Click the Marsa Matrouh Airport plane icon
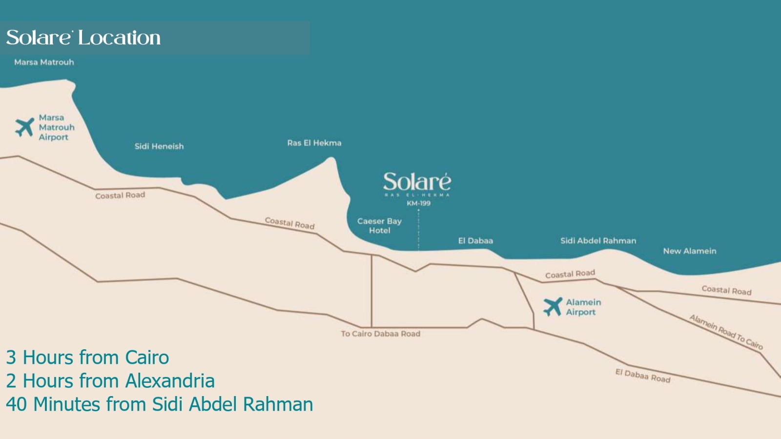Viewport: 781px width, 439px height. [x=24, y=127]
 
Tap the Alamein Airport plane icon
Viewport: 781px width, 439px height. [x=553, y=307]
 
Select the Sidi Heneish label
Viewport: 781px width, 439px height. [x=159, y=146]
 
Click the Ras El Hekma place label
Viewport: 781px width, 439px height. [x=314, y=143]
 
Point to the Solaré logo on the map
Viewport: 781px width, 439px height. [x=417, y=182]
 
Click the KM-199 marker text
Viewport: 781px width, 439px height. [x=418, y=203]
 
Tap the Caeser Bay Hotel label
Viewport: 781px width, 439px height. [x=379, y=226]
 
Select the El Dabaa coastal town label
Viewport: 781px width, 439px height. [x=475, y=241]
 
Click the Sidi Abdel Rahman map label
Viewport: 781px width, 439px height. [x=598, y=241]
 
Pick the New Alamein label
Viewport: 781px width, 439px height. [x=689, y=251]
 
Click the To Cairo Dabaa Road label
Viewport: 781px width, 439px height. [x=380, y=334]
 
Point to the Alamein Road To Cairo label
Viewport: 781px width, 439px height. [x=726, y=332]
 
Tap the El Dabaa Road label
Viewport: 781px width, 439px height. [x=642, y=376]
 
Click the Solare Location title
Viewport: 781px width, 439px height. [x=83, y=38]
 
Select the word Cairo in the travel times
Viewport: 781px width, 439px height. [x=147, y=358]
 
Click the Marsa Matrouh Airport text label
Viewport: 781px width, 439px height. [x=56, y=127]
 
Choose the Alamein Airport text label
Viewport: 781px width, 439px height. [x=583, y=307]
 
